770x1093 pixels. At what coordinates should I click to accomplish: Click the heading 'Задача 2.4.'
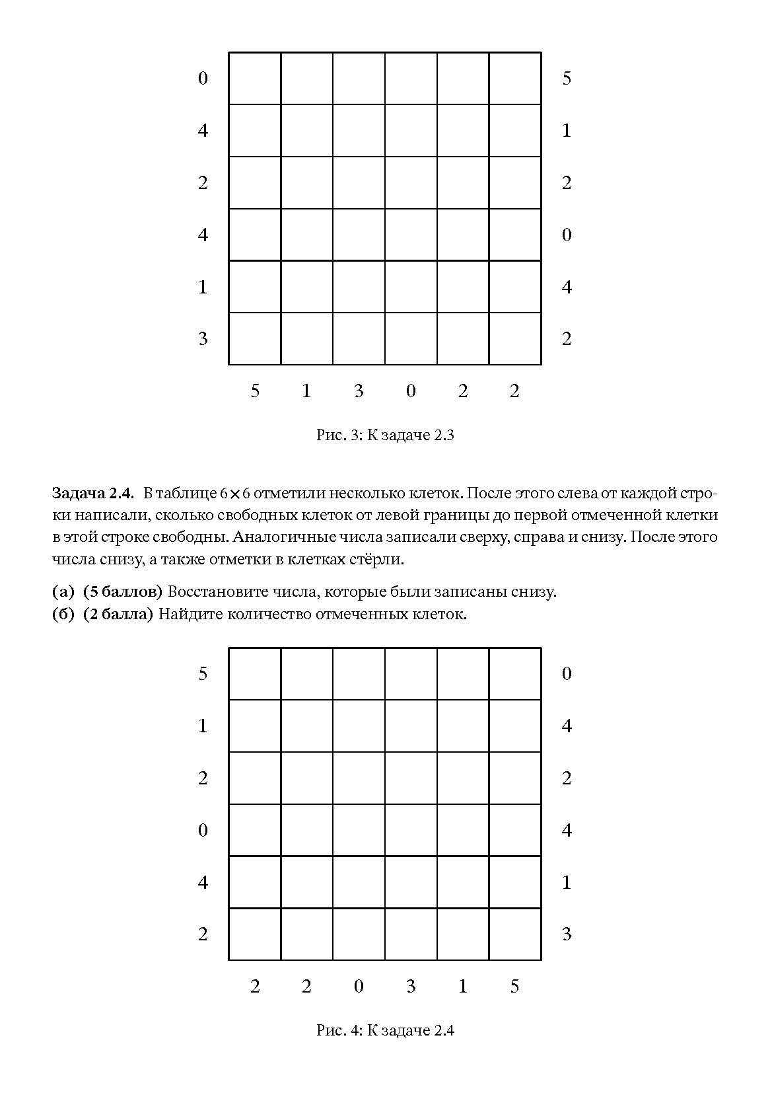click(x=93, y=493)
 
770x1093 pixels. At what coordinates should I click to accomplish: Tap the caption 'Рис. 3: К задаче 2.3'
click(x=385, y=435)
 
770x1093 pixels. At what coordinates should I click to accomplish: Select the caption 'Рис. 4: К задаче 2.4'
click(x=385, y=1030)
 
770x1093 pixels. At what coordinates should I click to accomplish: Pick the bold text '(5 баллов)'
click(x=123, y=591)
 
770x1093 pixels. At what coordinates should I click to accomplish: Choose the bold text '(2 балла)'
click(x=118, y=614)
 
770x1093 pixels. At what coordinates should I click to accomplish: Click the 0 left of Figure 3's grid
click(x=203, y=79)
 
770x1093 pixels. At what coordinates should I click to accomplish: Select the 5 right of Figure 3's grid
click(x=567, y=79)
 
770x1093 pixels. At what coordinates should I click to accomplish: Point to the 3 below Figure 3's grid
click(x=359, y=391)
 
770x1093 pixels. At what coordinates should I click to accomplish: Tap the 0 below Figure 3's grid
click(x=411, y=391)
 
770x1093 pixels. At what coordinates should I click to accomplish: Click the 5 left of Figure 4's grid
click(x=203, y=673)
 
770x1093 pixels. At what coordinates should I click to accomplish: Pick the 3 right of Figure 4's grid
click(x=567, y=934)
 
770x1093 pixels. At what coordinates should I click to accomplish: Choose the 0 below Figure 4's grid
click(x=359, y=987)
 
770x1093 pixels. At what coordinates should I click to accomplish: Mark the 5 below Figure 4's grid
click(x=514, y=987)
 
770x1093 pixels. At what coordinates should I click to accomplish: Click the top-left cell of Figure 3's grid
click(x=255, y=79)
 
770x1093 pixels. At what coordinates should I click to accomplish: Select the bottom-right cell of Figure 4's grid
click(x=515, y=934)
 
